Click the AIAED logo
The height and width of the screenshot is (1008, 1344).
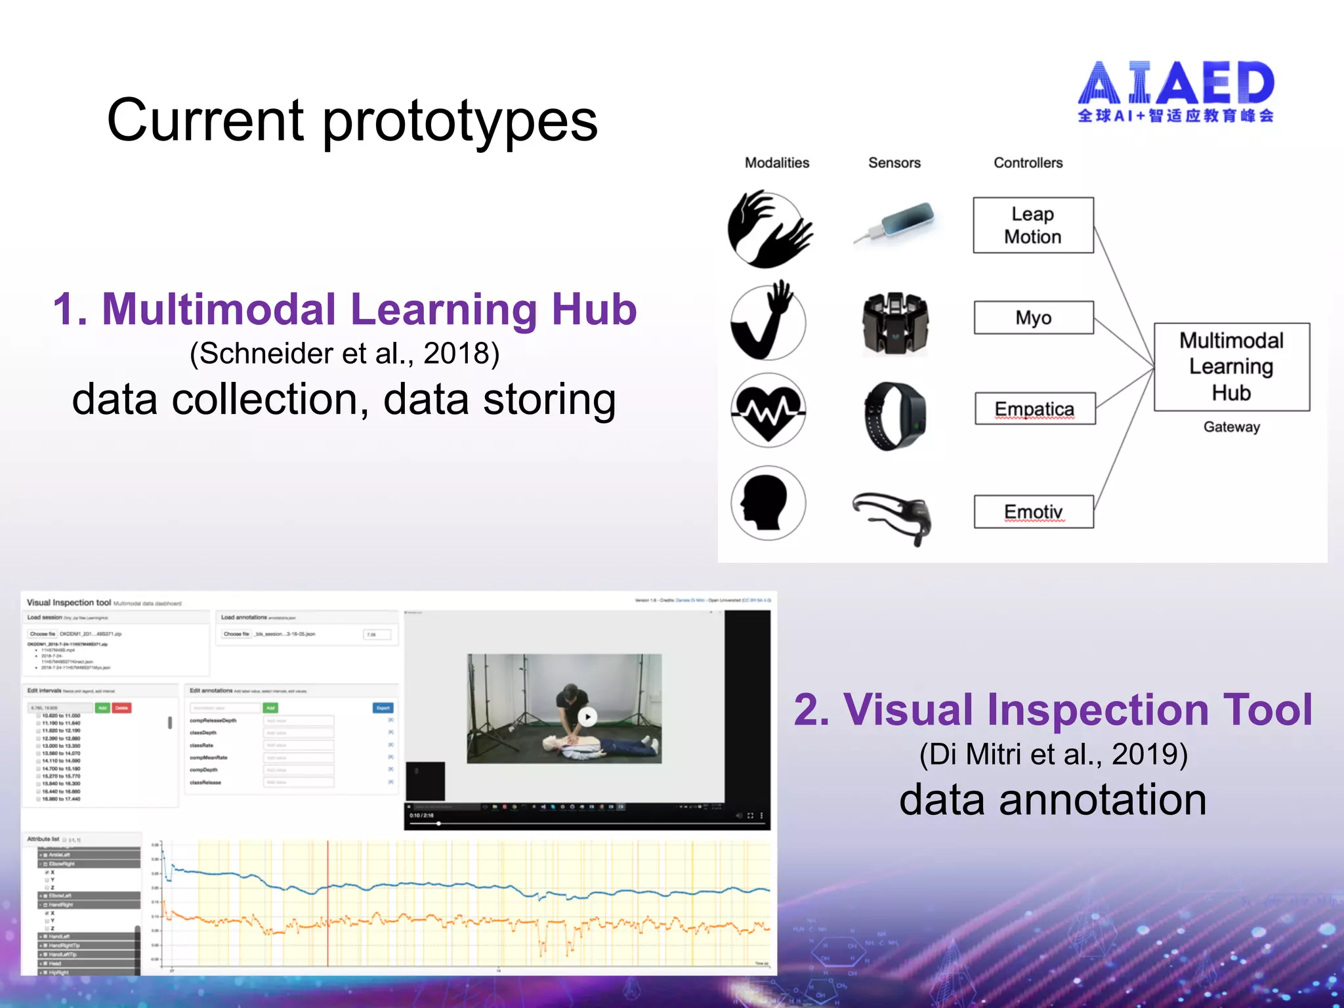(x=1175, y=92)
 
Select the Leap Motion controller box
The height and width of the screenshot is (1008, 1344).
(x=1033, y=225)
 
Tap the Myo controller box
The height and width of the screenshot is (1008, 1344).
(x=1033, y=318)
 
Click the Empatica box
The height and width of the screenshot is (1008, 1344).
(x=1034, y=409)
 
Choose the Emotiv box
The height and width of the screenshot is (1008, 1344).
(x=1033, y=511)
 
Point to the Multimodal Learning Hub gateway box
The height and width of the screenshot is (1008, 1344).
(x=1231, y=366)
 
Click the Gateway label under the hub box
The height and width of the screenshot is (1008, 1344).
(x=1231, y=427)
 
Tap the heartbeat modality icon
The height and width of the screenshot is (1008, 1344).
(x=768, y=411)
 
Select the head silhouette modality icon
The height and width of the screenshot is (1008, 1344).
(x=768, y=503)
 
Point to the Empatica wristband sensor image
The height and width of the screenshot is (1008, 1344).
(x=894, y=415)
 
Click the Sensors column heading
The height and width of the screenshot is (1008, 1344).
(x=894, y=163)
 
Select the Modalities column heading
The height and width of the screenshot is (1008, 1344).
(x=776, y=163)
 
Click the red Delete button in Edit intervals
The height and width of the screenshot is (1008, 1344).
(x=122, y=707)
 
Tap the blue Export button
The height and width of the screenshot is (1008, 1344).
(x=383, y=707)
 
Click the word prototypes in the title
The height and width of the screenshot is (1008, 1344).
(x=459, y=121)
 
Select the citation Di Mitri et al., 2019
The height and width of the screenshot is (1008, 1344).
(x=1053, y=754)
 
